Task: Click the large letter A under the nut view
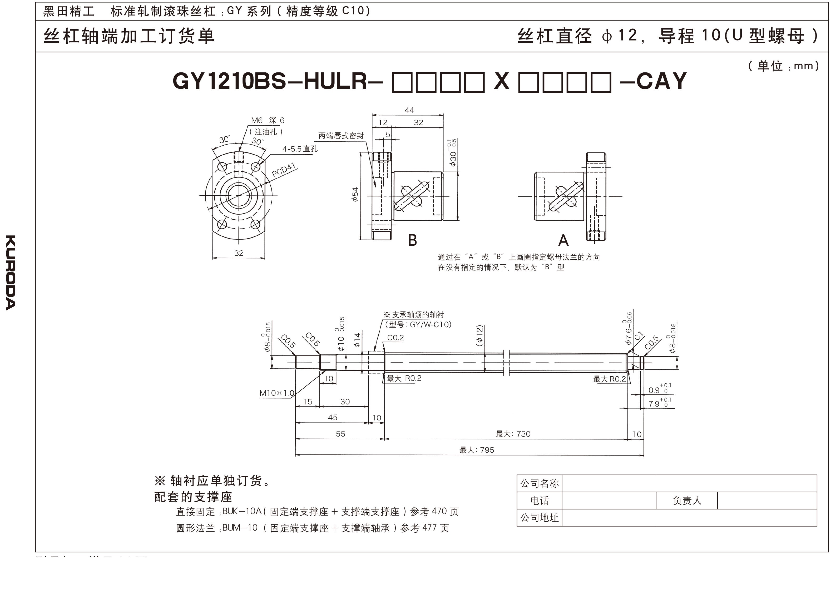tap(563, 240)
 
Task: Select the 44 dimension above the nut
tap(409, 110)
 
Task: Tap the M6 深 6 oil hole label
tap(268, 120)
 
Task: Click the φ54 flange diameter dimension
tap(355, 194)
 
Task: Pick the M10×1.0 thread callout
tap(277, 393)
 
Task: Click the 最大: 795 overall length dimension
tap(477, 450)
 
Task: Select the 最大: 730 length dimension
tap(513, 434)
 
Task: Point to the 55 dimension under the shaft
tap(340, 434)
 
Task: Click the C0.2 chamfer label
tap(395, 338)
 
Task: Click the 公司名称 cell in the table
tap(539, 484)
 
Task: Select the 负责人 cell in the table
tap(687, 501)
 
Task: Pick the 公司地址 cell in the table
tap(539, 518)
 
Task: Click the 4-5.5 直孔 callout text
tap(300, 149)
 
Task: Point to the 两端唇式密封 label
tap(341, 136)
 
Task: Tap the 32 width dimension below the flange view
tap(239, 253)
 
